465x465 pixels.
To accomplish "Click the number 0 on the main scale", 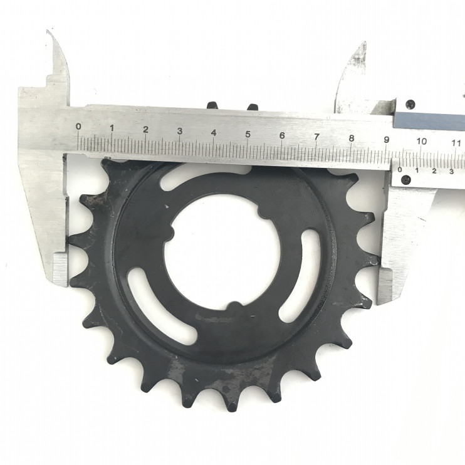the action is tap(78, 127).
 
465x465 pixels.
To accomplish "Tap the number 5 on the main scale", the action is tap(248, 134).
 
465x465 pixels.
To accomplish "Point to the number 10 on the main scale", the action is tap(421, 141).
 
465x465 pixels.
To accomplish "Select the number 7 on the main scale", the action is tap(316, 137).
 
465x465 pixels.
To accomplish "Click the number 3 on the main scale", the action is tap(180, 131).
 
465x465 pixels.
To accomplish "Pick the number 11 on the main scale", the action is tap(456, 143).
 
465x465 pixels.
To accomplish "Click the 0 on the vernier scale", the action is tap(400, 169).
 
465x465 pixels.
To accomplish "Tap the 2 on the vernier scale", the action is tap(434, 171).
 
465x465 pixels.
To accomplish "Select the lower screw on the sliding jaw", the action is tap(406, 179).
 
